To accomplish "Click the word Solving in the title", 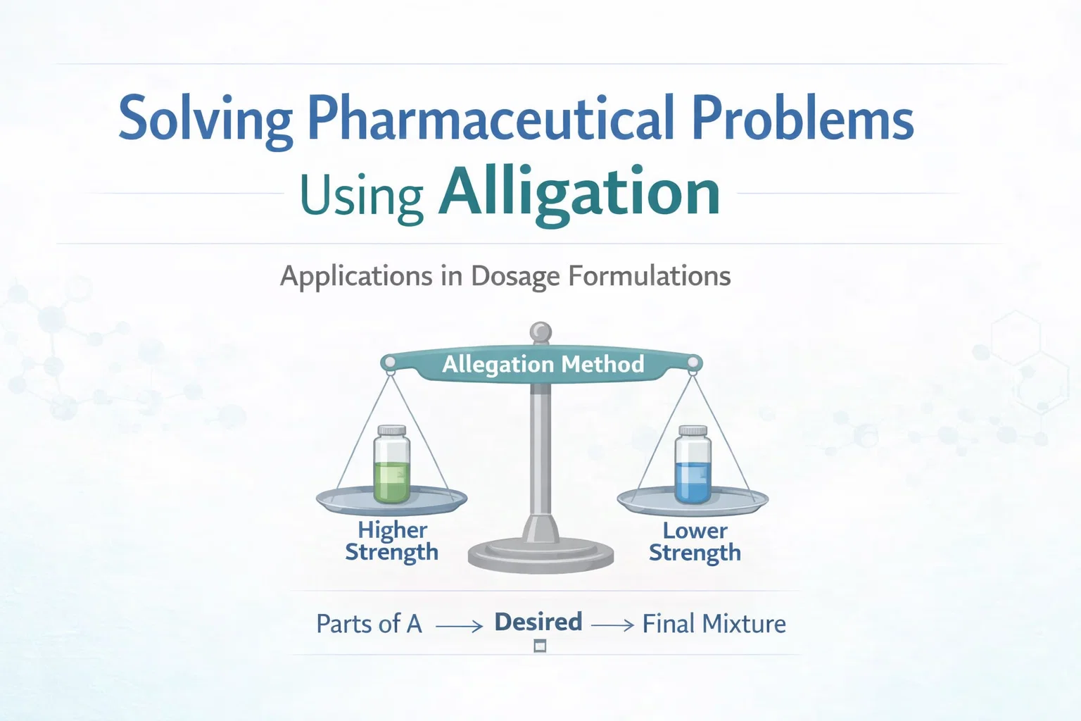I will coord(205,120).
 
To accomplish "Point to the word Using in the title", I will coord(361,196).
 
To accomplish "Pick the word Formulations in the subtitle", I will coord(649,275).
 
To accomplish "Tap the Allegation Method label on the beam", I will coord(543,364).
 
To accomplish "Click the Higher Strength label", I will coord(391,541).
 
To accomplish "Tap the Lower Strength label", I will coord(695,541).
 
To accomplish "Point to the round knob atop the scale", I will coord(540,332).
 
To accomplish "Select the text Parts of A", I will coord(369,624).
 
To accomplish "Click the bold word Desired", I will coord(538,622).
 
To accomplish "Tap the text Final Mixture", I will coord(714,624).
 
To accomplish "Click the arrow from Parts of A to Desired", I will coord(459,625).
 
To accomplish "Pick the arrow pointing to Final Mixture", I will coord(612,625).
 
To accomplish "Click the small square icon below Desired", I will coord(540,645).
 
